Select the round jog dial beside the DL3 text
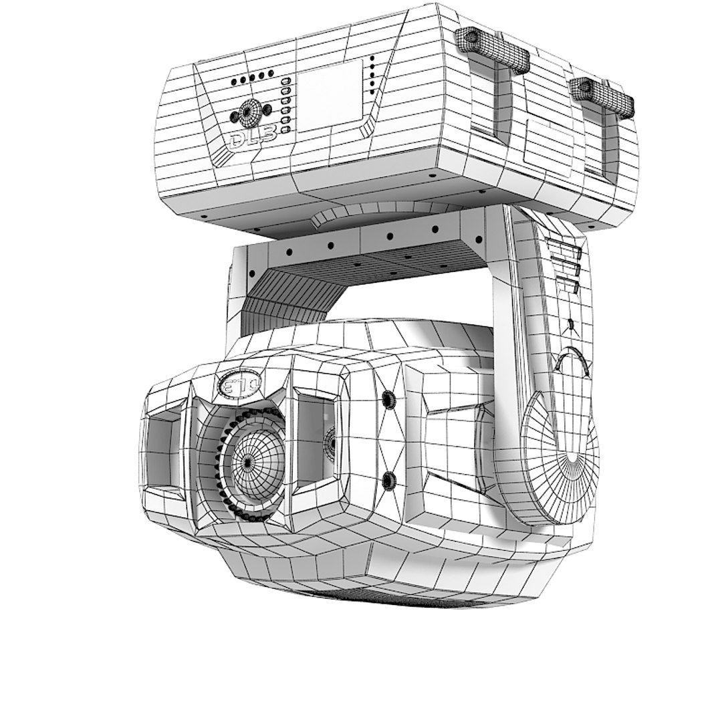[x=250, y=112]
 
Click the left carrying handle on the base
[x=493, y=49]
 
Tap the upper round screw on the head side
[x=387, y=400]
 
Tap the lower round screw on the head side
[x=387, y=479]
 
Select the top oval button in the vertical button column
[x=286, y=82]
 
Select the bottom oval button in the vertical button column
[x=286, y=129]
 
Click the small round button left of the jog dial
[x=234, y=117]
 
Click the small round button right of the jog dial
[x=267, y=108]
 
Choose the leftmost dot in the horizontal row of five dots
[x=234, y=83]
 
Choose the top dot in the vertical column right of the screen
[x=372, y=61]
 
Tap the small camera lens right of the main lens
[x=330, y=442]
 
